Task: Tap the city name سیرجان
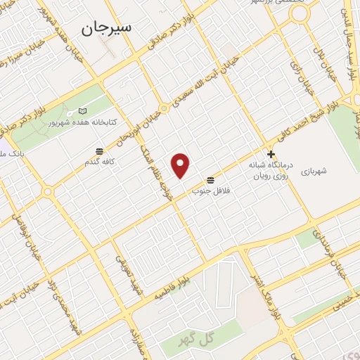[x=106, y=29]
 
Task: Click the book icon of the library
[x=84, y=112]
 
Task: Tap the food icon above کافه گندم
[x=100, y=151]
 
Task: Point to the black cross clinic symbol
[x=271, y=154]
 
